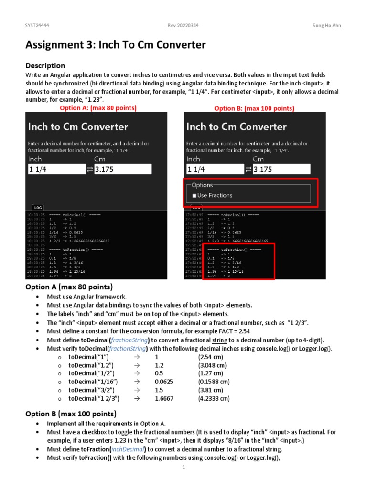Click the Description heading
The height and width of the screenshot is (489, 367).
tap(45, 65)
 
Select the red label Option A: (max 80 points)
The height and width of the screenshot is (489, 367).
tap(98, 108)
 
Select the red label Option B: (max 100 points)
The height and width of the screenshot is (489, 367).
tap(254, 108)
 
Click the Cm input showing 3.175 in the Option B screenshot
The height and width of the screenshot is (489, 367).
tap(281, 170)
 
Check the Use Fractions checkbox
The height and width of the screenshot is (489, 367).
tap(194, 196)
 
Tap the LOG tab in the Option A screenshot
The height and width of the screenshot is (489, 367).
tap(38, 207)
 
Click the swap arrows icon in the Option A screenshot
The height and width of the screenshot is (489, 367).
tap(89, 170)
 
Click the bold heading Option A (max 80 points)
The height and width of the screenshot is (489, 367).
tap(69, 287)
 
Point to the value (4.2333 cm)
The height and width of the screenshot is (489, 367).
tap(214, 398)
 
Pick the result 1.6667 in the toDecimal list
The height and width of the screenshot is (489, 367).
tap(164, 398)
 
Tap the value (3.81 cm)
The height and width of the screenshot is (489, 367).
tap(211, 390)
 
